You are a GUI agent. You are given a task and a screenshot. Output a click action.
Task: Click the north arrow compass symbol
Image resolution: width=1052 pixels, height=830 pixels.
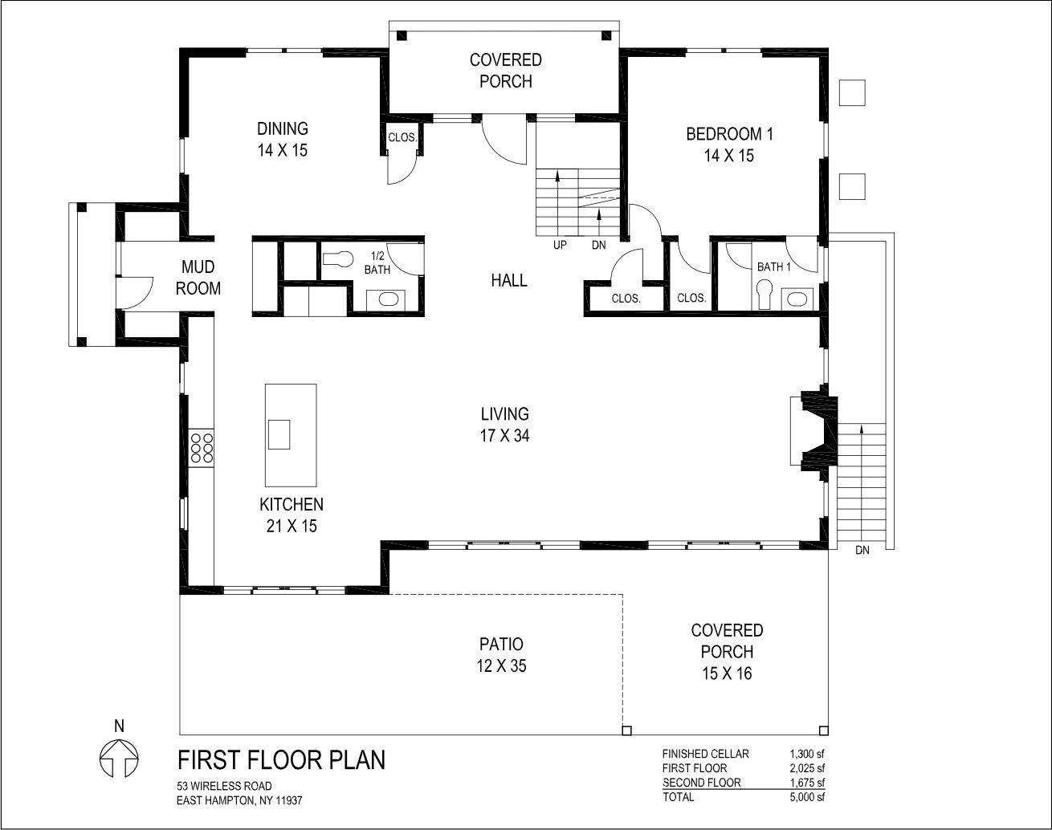[119, 759]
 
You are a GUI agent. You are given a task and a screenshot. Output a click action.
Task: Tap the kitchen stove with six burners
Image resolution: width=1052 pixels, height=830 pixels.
[202, 448]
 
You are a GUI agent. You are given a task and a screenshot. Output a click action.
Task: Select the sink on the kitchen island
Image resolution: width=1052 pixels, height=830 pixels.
[279, 434]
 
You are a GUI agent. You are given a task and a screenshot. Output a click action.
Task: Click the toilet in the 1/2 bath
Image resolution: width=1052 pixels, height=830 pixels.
[338, 258]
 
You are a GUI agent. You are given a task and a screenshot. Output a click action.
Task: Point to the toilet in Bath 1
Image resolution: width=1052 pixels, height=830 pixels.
[764, 294]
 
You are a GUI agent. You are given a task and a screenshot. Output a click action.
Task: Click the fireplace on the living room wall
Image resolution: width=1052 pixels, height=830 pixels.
[814, 430]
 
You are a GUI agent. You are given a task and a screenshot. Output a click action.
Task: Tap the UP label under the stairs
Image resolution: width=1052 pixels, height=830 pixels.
[560, 245]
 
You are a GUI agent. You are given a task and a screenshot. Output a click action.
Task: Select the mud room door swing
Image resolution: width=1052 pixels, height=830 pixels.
[134, 293]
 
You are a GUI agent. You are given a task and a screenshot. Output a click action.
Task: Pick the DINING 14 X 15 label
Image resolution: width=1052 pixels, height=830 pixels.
[283, 140]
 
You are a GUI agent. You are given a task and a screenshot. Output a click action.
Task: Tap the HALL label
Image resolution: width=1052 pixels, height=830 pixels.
[509, 281]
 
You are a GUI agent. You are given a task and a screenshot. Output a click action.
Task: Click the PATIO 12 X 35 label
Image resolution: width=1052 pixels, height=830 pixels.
[502, 655]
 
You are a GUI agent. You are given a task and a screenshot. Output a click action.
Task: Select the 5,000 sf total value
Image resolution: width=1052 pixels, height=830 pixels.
[807, 797]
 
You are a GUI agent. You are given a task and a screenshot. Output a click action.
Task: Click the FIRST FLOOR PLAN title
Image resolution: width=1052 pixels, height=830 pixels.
[281, 760]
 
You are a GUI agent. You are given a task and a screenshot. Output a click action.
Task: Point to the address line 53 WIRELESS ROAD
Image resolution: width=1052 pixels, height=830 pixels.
[224, 786]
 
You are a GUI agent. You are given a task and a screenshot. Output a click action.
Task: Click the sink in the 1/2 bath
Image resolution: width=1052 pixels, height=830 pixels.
[388, 299]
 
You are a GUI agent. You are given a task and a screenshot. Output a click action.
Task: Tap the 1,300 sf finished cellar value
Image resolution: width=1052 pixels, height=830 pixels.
[807, 754]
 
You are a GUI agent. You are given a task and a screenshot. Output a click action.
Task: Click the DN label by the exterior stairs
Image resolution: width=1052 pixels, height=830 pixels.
[862, 551]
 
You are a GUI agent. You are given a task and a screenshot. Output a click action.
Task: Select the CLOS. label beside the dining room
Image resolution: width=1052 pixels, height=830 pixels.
[402, 138]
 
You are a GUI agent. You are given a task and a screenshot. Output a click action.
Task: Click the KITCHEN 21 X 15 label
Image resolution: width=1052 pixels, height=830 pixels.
[292, 515]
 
